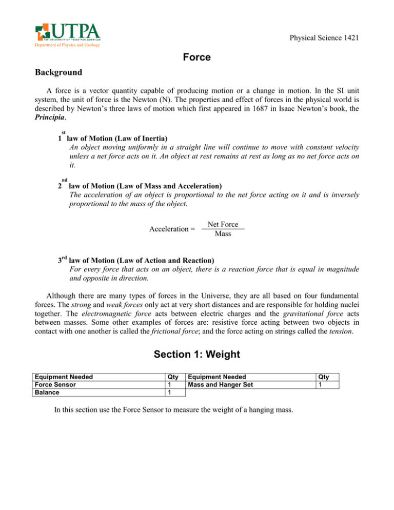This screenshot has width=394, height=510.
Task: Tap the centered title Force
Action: (196, 58)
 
